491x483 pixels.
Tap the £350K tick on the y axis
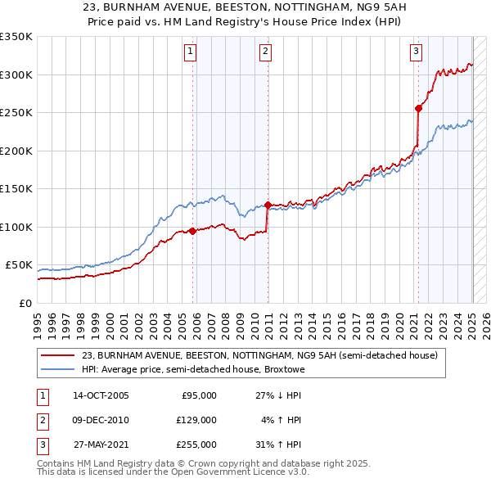click(16, 37)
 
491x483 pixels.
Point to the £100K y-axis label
click(16, 227)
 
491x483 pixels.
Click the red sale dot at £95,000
click(193, 231)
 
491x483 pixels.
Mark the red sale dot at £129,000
click(268, 205)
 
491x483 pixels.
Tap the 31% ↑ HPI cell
click(278, 445)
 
